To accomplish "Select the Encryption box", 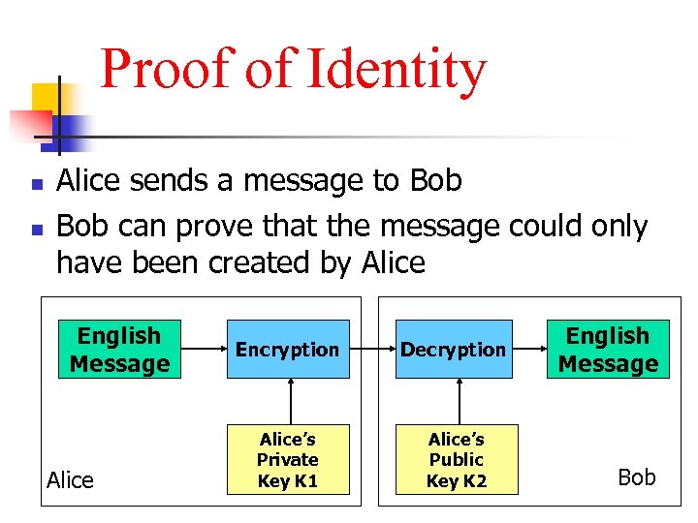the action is click(x=288, y=349).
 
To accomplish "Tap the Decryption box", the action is click(x=454, y=349).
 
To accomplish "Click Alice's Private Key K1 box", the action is click(x=288, y=459).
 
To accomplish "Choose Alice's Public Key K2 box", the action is click(x=457, y=459).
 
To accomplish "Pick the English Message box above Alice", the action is click(x=119, y=349).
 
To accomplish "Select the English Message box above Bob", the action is click(x=608, y=349).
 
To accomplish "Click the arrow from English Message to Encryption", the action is click(x=204, y=348).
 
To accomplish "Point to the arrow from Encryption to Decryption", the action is click(x=371, y=348).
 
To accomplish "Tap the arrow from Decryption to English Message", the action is click(x=529, y=348).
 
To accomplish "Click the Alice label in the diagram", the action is click(x=71, y=480).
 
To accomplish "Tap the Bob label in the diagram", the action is click(x=637, y=477).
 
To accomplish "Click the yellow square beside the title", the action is click(x=46, y=98).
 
